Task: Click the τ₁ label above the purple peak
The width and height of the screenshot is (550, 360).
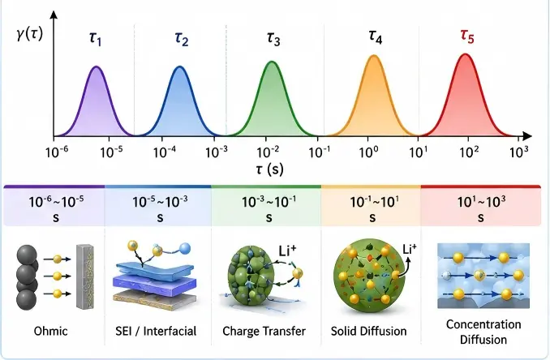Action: point(95,39)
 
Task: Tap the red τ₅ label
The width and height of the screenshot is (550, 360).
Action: point(467,36)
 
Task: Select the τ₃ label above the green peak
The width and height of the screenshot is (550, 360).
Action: point(273,39)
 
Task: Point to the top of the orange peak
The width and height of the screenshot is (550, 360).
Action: point(374,55)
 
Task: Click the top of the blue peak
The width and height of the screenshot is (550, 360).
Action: point(179,66)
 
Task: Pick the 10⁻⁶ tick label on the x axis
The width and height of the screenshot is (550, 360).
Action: point(57,152)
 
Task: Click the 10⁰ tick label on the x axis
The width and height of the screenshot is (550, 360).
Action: point(368,152)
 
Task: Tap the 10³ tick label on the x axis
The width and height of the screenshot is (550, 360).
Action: point(519,152)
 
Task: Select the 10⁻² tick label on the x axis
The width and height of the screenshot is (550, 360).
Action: point(268,152)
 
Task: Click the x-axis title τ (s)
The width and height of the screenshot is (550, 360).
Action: point(269,169)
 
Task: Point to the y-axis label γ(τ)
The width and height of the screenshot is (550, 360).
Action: point(29,34)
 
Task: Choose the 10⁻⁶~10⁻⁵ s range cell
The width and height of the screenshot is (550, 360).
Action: point(54,208)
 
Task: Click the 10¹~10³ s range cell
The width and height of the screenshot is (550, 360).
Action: point(480,208)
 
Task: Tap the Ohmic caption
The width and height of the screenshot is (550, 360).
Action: point(50,331)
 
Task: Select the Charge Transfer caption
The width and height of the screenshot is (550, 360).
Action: point(264,331)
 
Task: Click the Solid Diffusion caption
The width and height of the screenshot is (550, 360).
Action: point(368,331)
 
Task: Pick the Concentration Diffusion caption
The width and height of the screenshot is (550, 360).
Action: point(483,332)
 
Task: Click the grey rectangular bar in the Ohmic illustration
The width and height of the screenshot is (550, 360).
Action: point(85,277)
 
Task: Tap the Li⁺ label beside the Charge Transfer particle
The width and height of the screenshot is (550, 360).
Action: point(287,251)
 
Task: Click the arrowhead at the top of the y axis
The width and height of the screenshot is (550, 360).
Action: point(54,15)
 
